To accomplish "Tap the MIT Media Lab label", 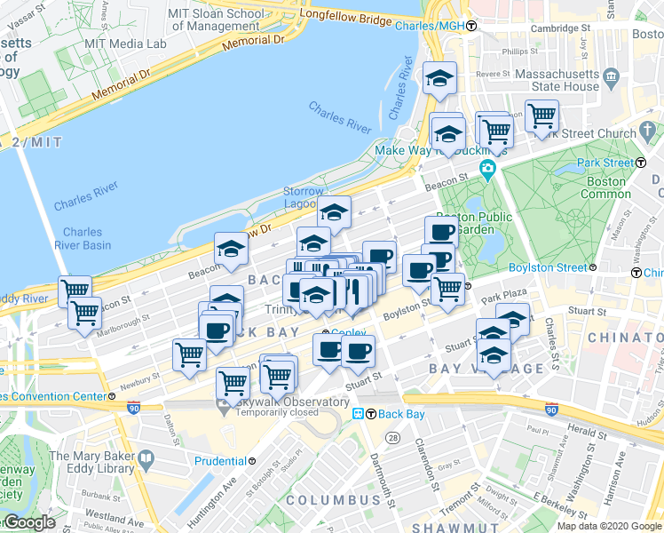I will [x=137, y=44].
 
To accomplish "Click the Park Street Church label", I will [x=594, y=133].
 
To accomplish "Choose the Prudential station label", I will [x=221, y=461].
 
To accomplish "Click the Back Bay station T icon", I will [x=359, y=414].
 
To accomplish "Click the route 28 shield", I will [x=392, y=437].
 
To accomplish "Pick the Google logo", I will [x=29, y=522].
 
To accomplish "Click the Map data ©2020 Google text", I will [x=609, y=526].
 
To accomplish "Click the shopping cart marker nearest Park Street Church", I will [x=541, y=115].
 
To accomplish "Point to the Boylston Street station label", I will [x=548, y=267].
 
